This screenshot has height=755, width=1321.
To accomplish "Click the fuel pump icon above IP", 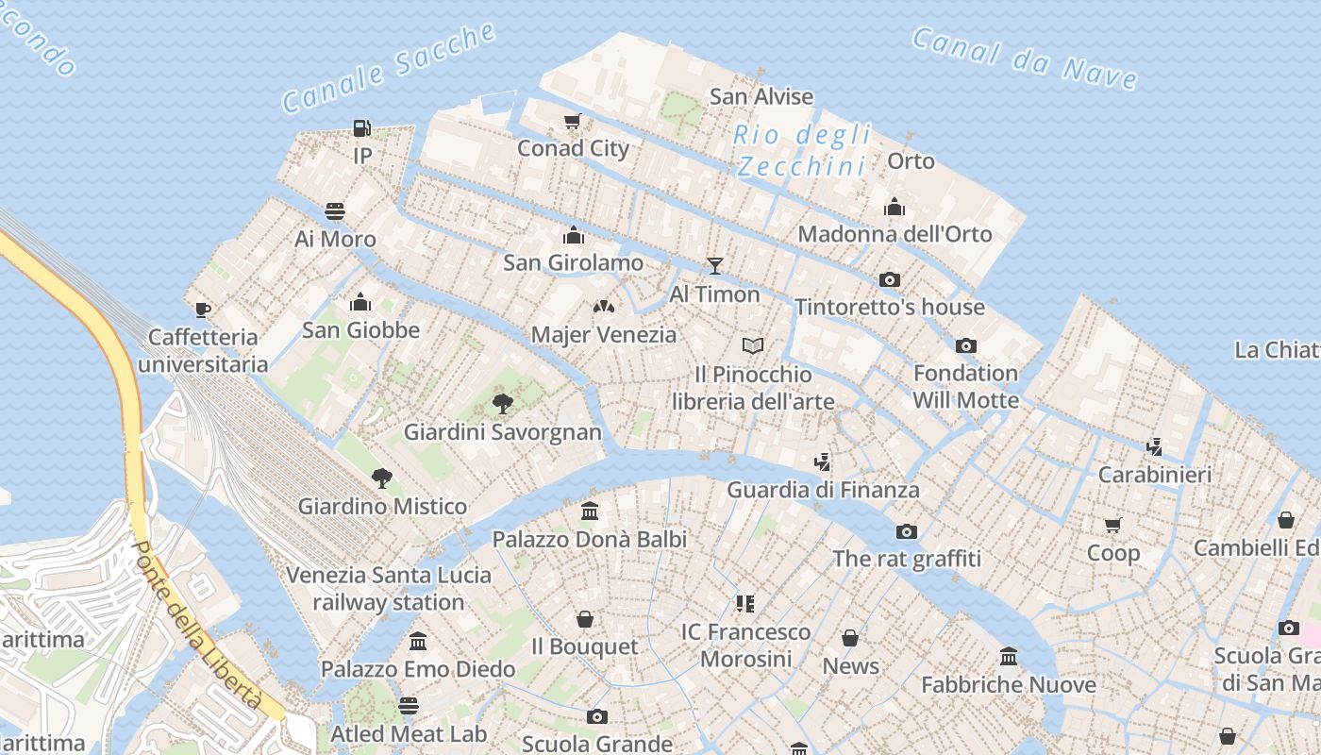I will coord(361,127).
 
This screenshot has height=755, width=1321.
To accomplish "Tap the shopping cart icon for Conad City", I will coord(572,121).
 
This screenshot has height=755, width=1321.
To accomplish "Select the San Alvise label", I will coord(761,96).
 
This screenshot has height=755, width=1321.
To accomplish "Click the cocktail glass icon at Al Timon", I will coord(715,266).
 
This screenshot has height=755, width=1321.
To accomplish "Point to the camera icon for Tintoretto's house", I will coord(889,279).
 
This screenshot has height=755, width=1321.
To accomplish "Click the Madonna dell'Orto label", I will coord(895,234).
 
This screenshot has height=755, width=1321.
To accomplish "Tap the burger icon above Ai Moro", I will coord(335,210).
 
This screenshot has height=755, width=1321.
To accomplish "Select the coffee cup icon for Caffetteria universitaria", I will coord(202,310).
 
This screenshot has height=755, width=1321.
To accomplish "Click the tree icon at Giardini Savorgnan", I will coord(503,404).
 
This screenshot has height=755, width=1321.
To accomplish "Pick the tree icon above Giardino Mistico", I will coord(381,478).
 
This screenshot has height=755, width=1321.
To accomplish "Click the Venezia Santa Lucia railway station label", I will coord(389,588).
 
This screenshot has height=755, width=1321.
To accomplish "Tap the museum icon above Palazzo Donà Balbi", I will coord(590,512).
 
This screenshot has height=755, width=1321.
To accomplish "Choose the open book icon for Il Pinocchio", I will coord(752,346).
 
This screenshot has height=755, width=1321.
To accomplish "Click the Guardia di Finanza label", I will coord(823,490).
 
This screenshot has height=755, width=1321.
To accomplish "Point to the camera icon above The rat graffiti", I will coord(906,531).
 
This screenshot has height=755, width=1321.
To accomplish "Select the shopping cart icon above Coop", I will coord(1113,525).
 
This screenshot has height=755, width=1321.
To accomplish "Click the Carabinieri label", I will coord(1155,474).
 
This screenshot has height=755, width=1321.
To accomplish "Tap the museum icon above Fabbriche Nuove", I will coord(1009,656).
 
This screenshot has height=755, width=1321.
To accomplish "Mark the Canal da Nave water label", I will coord(1025,58).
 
